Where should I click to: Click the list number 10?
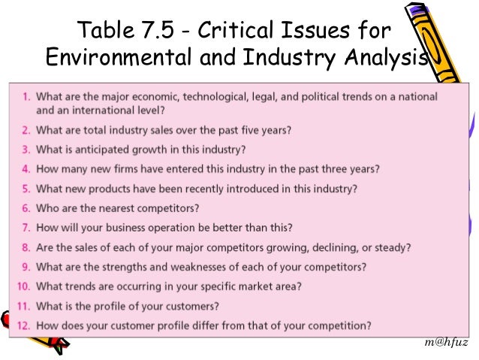(x=23, y=286)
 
